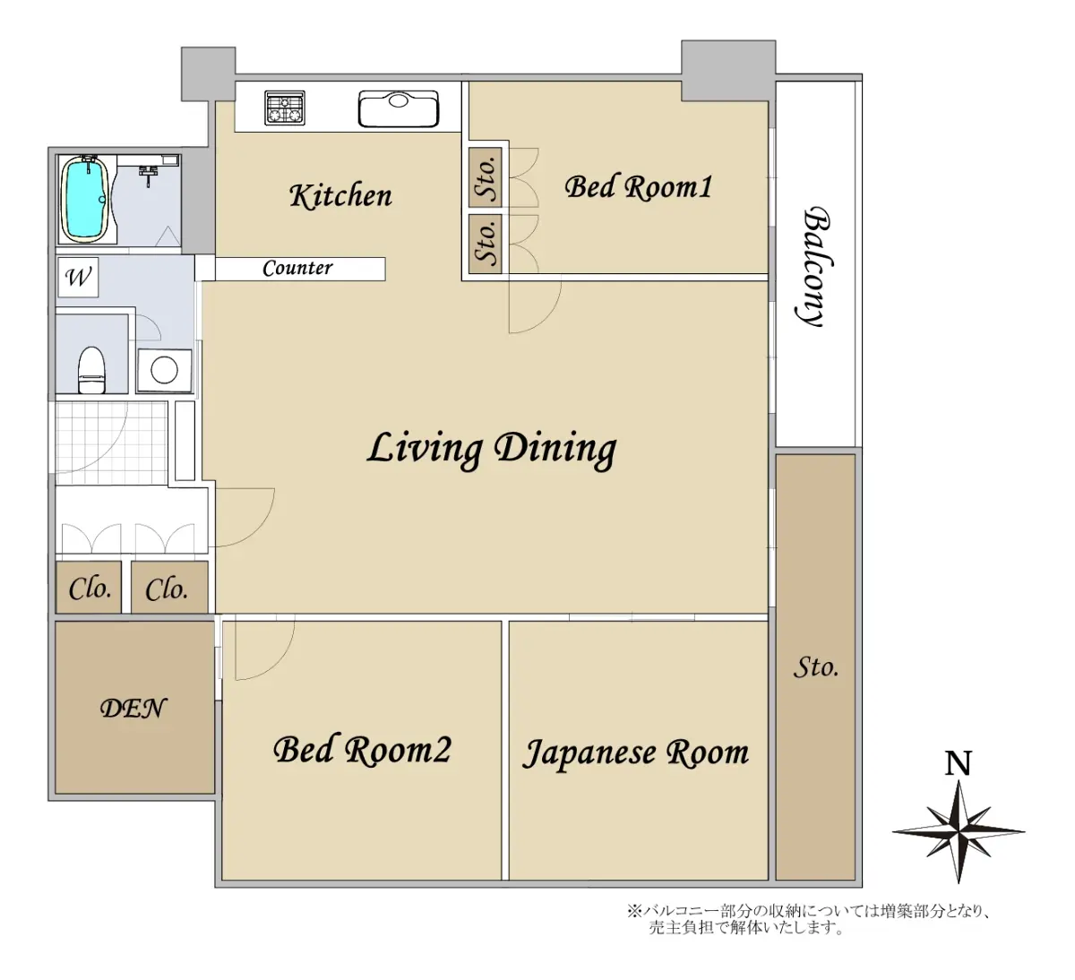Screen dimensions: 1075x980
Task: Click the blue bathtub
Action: coord(86,200)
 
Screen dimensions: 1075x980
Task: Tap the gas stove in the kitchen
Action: coord(285,107)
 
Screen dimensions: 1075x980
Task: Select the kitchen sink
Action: coord(398,108)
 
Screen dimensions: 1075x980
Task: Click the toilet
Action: coord(92,370)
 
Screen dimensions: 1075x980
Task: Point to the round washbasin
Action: coord(164,370)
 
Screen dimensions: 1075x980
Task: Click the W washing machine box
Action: coord(78,277)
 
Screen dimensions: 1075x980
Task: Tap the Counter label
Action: coord(297,268)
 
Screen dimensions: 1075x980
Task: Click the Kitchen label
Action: coord(340,195)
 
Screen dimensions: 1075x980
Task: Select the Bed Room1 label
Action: coord(638,187)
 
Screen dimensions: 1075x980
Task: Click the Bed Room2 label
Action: coord(362,750)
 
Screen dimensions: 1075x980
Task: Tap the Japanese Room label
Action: coord(635,753)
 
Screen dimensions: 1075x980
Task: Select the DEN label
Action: coord(133,709)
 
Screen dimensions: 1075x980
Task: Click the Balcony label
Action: coord(817,266)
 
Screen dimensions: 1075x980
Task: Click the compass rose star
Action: coord(959,831)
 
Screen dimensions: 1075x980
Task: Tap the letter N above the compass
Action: coord(958,763)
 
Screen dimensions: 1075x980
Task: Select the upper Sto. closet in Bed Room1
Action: coord(485,177)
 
